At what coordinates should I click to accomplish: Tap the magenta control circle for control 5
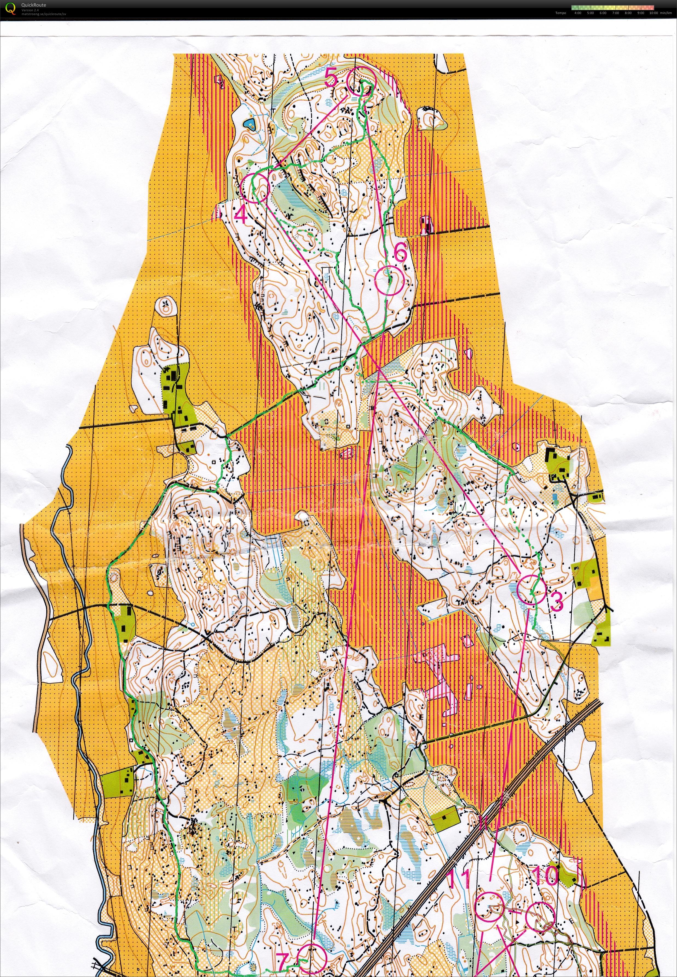(x=361, y=82)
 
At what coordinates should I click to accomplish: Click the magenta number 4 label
(x=241, y=215)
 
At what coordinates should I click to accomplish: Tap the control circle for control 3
(x=531, y=589)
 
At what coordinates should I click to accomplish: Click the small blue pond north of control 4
(x=248, y=124)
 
